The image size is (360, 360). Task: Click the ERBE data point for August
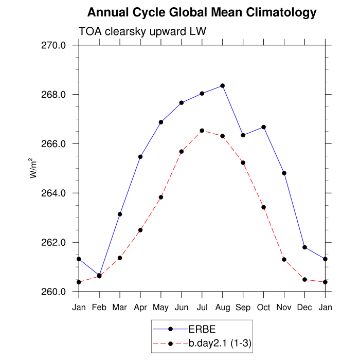[x=223, y=85]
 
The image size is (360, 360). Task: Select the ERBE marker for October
[x=264, y=127]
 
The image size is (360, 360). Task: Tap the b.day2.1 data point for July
[x=202, y=131]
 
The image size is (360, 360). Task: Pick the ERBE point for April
[x=140, y=156]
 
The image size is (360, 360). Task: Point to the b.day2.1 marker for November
[x=284, y=259]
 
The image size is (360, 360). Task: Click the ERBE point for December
[x=305, y=247]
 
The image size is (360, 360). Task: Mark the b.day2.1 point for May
[x=161, y=197]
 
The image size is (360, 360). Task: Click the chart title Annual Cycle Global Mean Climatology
[x=202, y=12]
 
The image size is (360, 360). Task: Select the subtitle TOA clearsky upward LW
[x=142, y=32]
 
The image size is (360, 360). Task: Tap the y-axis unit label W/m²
[x=33, y=168]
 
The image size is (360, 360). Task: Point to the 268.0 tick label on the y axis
[x=53, y=95]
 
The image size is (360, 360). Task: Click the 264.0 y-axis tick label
[x=53, y=193]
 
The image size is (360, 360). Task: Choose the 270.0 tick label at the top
[x=53, y=45]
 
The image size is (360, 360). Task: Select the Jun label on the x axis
[x=182, y=307]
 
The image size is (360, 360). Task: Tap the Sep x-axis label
[x=243, y=307]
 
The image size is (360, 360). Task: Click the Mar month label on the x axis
[x=120, y=307]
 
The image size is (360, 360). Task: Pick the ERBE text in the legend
[x=203, y=330]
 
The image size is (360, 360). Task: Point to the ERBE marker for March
[x=120, y=214]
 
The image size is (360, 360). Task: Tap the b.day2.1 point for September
[x=243, y=163]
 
